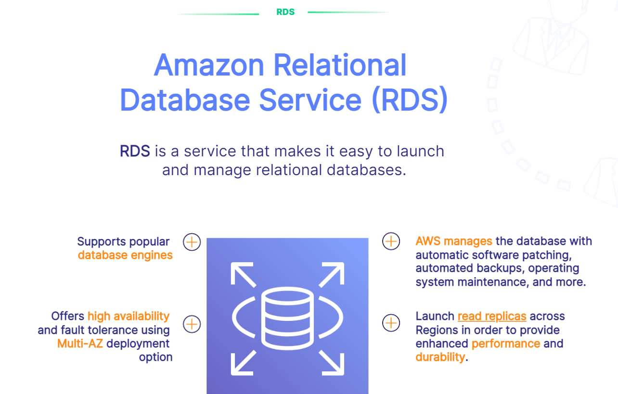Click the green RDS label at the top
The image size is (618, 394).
tap(285, 12)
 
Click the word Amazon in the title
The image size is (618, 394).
tap(209, 65)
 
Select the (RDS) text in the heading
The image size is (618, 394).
tap(410, 100)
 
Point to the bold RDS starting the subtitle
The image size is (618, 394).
tap(135, 151)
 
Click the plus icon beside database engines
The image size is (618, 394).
tap(192, 241)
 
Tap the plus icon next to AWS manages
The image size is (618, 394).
tap(391, 241)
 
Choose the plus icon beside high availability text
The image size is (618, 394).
tap(192, 324)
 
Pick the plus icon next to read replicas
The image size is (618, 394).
tap(391, 323)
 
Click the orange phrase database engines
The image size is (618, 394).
tap(125, 255)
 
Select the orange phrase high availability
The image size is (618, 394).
tap(129, 316)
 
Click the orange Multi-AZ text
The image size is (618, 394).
tap(80, 343)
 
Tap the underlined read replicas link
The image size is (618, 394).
tap(491, 316)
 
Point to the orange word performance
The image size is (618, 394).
tap(505, 343)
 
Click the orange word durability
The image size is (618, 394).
tap(440, 357)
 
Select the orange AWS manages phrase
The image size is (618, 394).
tap(453, 241)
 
